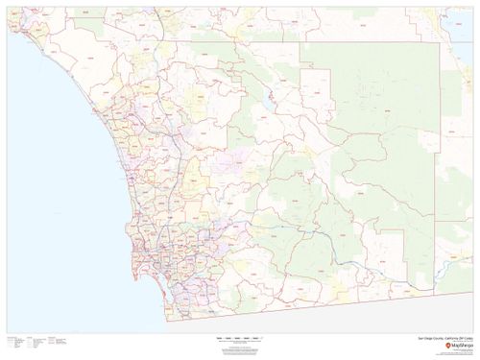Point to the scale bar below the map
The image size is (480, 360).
(240, 339)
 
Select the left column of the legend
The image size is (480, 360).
(14, 344)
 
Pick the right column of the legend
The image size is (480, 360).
(56, 344)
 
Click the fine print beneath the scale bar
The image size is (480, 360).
(240, 347)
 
